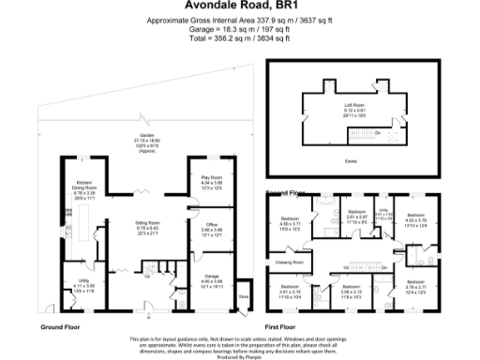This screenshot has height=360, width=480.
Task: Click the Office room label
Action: pos(210,225)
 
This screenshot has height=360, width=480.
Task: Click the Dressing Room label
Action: pos(288,262)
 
